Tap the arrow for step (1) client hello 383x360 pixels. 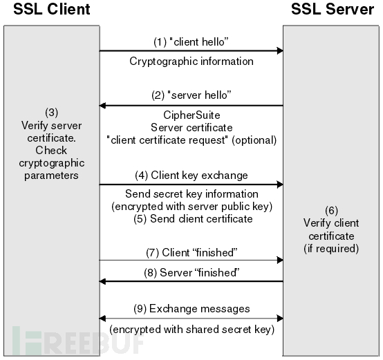coord(192,50)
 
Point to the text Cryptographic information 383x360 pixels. coord(192,61)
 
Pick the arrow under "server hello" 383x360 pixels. coord(192,106)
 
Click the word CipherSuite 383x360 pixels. coord(192,116)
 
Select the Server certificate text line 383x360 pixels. coord(192,128)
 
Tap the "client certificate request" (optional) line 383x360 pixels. coord(192,140)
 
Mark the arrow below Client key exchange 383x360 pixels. coord(192,184)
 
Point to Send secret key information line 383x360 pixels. coord(192,194)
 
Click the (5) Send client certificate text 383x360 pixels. coord(192,219)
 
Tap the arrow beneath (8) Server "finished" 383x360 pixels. coord(192,281)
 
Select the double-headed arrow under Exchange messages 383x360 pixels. coord(192,319)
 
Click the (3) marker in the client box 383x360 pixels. coord(51,111)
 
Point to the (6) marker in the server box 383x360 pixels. coord(331,211)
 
